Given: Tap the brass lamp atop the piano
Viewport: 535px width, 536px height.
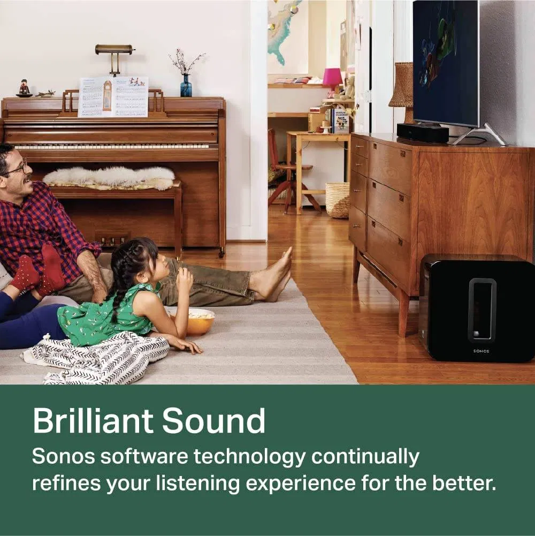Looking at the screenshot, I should tap(114, 51).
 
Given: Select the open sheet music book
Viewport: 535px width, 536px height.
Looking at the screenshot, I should tap(113, 97).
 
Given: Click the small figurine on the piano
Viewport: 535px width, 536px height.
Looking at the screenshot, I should tap(24, 88).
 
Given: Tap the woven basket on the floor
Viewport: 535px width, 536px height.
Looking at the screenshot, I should tap(337, 200).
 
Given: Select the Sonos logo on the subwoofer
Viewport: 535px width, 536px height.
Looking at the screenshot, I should tap(481, 351).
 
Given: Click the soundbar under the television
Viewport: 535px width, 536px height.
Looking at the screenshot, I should tap(423, 133).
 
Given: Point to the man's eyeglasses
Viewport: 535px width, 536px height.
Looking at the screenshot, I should tap(16, 169).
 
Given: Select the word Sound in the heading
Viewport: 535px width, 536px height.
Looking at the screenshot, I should tap(214, 421).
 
